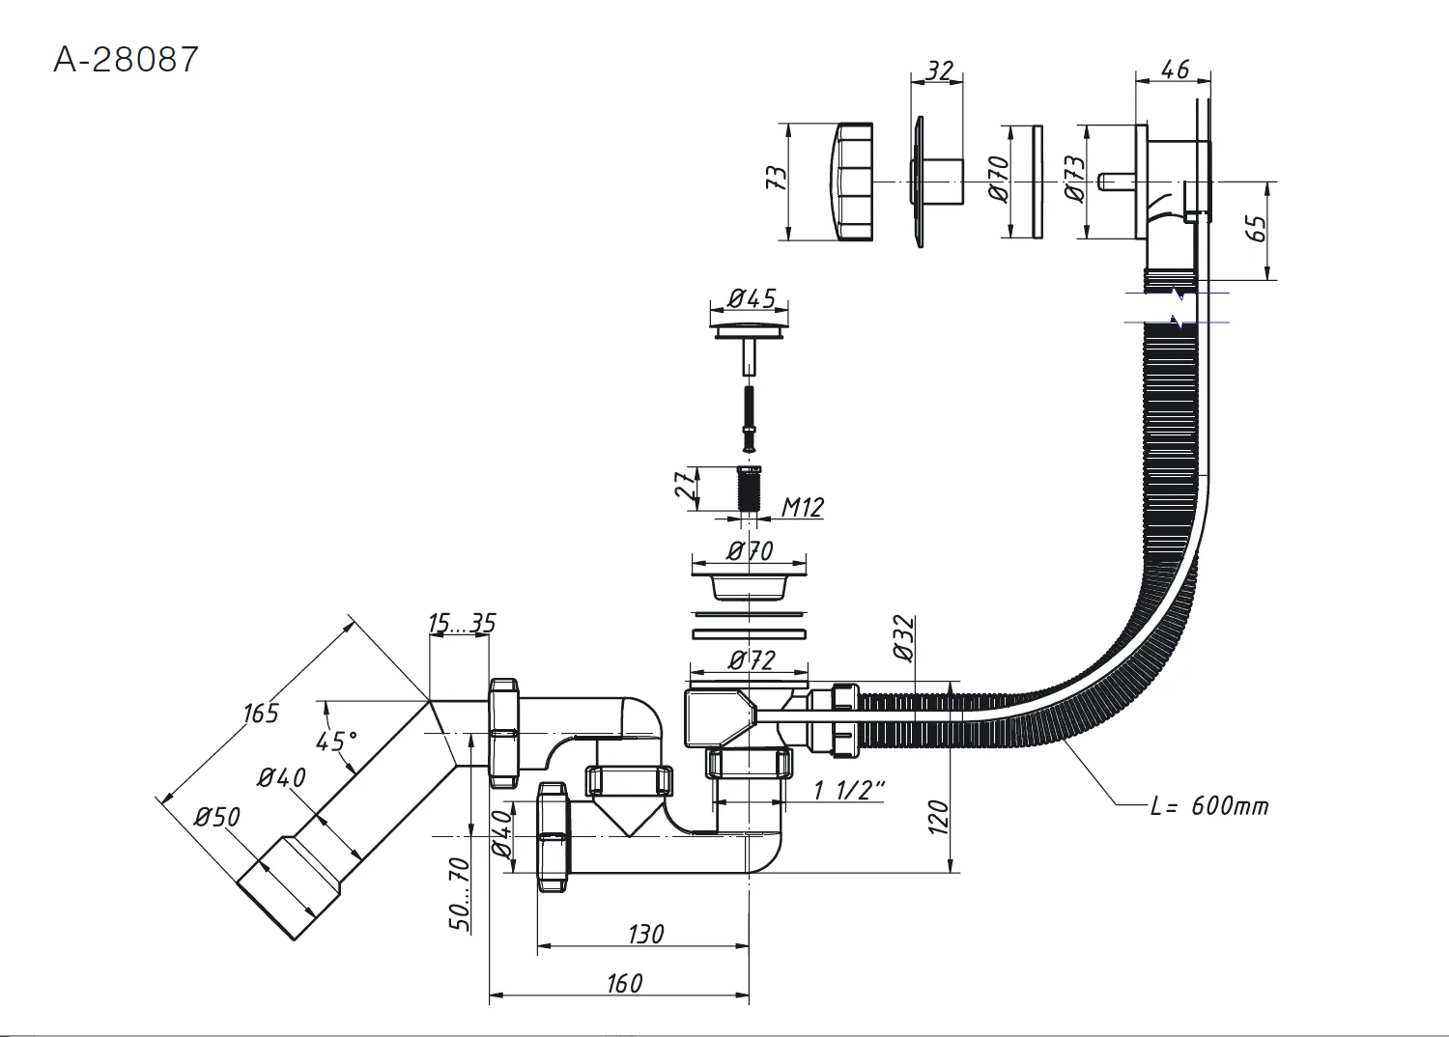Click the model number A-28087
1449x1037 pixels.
(x=126, y=60)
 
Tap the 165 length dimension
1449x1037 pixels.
(x=261, y=713)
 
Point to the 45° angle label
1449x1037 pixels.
(x=336, y=741)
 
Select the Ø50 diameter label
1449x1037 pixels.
(x=217, y=817)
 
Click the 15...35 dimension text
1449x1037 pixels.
(x=462, y=623)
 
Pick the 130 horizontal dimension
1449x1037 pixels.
(x=645, y=934)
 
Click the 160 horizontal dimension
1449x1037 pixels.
(x=624, y=983)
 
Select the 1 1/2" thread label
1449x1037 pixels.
(x=849, y=790)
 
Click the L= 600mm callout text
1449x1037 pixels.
(x=1209, y=806)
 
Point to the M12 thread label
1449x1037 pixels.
(x=802, y=508)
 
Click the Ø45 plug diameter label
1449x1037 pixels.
(x=751, y=298)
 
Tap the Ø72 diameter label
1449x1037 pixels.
(x=751, y=660)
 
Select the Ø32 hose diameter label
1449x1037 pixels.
(x=906, y=639)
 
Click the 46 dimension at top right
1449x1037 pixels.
(x=1174, y=69)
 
